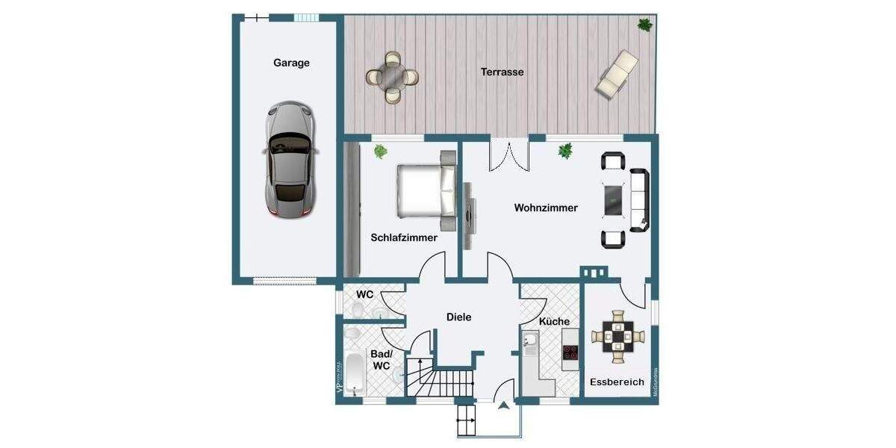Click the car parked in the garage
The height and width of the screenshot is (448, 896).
[x=290, y=160]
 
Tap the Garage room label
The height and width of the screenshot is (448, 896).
[x=291, y=63]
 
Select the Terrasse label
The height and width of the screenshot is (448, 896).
[x=502, y=72]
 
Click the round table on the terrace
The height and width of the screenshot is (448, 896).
[x=392, y=76]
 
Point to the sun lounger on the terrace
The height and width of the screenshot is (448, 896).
[x=617, y=73]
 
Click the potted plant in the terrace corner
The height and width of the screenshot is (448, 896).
[x=644, y=25]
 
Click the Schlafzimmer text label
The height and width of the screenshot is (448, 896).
[x=404, y=237]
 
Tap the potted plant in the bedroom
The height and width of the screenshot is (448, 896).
[x=381, y=152]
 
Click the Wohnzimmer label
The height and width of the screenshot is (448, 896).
[x=546, y=208]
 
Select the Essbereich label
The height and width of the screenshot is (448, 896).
[x=617, y=382]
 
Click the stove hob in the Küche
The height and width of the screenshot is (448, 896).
[x=570, y=353]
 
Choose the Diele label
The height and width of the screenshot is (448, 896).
[x=458, y=317]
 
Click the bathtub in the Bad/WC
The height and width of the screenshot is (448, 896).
[x=355, y=373]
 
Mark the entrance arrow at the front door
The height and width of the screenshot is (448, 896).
[x=504, y=405]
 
